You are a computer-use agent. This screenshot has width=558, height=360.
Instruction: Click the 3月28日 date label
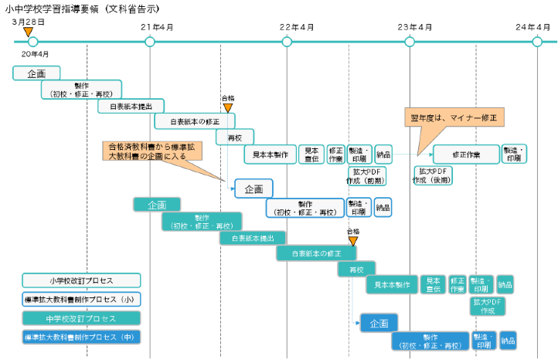29,22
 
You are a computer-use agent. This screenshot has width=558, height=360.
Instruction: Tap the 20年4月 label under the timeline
36,54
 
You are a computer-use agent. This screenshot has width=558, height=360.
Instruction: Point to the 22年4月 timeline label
296,27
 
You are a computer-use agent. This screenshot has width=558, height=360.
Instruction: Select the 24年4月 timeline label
532,27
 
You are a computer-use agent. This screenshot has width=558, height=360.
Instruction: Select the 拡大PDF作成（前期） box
366,176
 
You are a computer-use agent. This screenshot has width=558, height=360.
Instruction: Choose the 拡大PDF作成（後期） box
433,176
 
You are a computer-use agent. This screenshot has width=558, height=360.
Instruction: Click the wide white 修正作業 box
465,155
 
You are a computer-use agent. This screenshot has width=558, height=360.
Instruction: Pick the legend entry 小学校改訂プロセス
81,281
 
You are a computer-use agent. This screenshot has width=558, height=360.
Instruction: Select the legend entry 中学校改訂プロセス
81,318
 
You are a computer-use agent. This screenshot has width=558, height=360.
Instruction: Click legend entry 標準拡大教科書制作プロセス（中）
81,338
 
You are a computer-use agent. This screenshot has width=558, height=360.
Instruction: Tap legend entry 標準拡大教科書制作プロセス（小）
81,300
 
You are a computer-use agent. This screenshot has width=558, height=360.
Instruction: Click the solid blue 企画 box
379,324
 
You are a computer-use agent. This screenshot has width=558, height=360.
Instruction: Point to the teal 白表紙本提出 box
253,238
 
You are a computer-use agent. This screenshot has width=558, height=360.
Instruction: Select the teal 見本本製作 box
392,284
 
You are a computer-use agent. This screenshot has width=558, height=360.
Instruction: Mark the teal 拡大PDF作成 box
487,306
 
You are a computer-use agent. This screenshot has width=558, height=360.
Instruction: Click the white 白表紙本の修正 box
194,121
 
